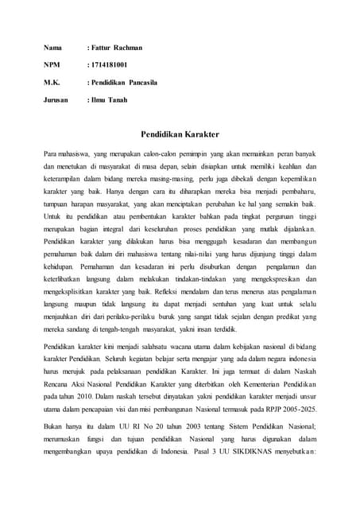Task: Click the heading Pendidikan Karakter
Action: pyautogui.click(x=180, y=136)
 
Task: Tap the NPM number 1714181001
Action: pyautogui.click(x=110, y=64)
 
